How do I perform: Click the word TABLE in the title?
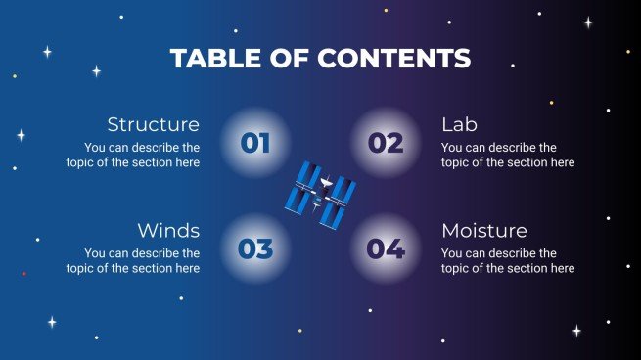coord(211,59)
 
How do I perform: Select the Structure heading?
coord(153,124)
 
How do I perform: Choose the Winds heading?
coord(168,231)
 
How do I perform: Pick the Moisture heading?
coord(484,231)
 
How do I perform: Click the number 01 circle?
coord(255,144)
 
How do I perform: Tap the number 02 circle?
coord(386,144)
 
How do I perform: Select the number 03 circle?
coord(255,249)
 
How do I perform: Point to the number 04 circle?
coord(386,249)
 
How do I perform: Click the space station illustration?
coord(321,197)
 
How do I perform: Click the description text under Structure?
coord(133,155)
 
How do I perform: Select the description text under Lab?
coord(508,155)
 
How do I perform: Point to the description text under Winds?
coord(133,260)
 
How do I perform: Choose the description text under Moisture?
coord(508,260)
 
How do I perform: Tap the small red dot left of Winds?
coord(23,273)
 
